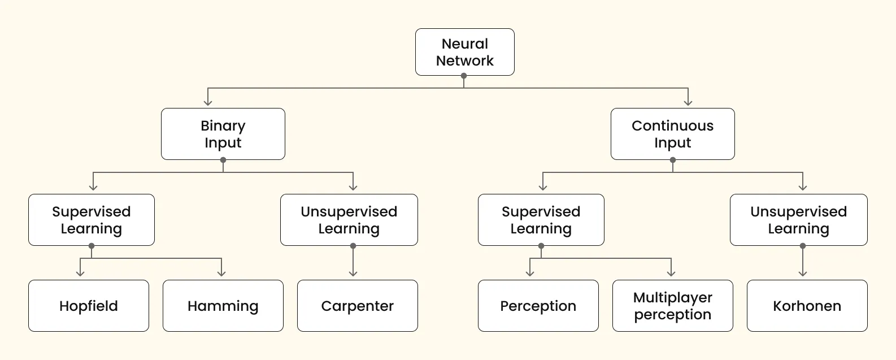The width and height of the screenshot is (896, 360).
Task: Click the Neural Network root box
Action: click(464, 52)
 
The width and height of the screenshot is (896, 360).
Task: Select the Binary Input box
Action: click(223, 134)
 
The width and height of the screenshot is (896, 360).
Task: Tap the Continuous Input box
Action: click(672, 134)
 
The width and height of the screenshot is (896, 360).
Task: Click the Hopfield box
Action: click(89, 306)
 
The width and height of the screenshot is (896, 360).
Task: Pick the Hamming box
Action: click(223, 306)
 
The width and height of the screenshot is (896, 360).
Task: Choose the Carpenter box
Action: click(357, 306)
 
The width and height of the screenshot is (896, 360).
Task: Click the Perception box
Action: click(538, 306)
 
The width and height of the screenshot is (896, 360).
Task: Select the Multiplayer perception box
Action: click(672, 306)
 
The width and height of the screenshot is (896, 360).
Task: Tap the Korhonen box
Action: click(807, 306)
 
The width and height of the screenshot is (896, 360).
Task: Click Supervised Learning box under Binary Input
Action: click(91, 220)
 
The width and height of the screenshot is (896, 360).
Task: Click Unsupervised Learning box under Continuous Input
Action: click(798, 220)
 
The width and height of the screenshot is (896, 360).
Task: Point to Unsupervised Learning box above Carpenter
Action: click(349, 220)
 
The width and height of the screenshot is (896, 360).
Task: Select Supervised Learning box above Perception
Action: click(541, 220)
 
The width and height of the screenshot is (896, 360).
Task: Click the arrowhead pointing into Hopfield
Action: click(80, 274)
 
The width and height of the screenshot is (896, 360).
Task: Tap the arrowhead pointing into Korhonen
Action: click(803, 274)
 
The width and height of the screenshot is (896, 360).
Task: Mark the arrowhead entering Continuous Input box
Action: click(688, 102)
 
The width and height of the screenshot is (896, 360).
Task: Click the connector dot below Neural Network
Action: click(464, 76)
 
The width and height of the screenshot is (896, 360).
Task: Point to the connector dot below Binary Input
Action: click(223, 160)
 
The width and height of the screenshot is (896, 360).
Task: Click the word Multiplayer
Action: click(672, 297)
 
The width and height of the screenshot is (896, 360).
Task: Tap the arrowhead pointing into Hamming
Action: click(221, 274)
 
